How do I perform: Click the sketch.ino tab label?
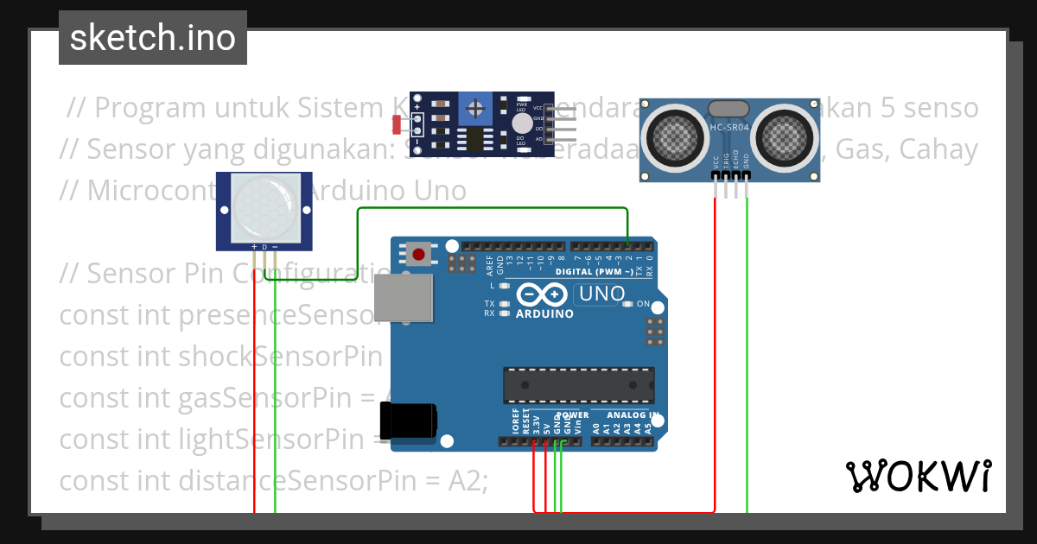coord(153,38)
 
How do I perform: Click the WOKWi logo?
coord(918,476)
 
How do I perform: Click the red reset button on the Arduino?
coord(419,254)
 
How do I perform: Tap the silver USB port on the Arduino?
coord(404,299)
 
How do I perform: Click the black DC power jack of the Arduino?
coord(409,423)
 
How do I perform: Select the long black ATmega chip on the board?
coord(579,385)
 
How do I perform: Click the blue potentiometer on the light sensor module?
coord(474,108)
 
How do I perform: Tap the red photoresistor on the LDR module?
coord(398,125)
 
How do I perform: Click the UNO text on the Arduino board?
coord(601,294)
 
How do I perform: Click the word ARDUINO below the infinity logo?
coord(544,314)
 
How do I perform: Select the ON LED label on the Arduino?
coord(642,305)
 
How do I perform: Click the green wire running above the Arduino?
coord(493,208)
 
